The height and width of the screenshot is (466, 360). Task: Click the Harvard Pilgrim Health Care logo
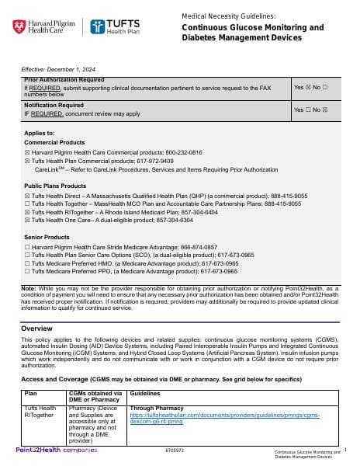(x=44, y=27)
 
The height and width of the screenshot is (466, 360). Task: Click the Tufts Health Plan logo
(x=116, y=27)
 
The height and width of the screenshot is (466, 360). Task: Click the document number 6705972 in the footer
(x=175, y=450)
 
